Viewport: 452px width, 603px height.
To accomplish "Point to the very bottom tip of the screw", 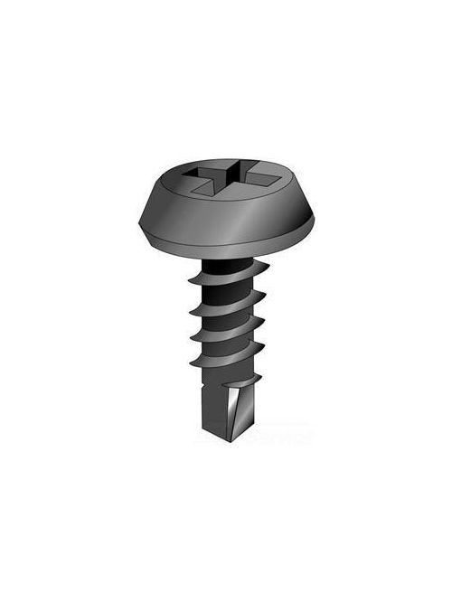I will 237,440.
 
